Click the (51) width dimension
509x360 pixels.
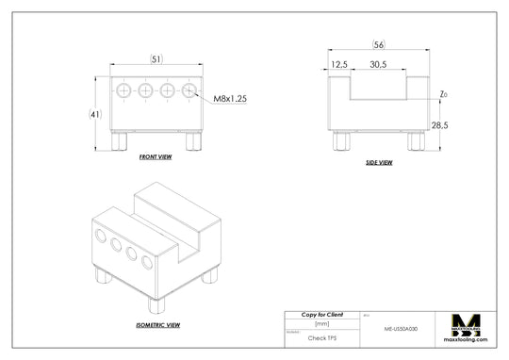(156, 58)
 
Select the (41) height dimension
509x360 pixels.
(94, 114)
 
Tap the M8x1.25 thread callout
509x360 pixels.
(230, 98)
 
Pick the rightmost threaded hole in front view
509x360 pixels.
(189, 90)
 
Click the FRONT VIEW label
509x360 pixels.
(155, 156)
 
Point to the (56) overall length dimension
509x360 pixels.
(378, 45)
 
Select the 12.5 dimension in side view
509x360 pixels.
(340, 64)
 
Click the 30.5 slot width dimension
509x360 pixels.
(378, 64)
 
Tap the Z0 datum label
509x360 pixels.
(444, 94)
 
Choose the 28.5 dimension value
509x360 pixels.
(439, 124)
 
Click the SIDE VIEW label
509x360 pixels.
(379, 162)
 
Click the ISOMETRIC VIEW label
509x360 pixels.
(157, 324)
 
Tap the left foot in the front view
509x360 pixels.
(121, 141)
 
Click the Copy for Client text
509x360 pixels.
(321, 314)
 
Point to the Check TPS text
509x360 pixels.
(321, 336)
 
